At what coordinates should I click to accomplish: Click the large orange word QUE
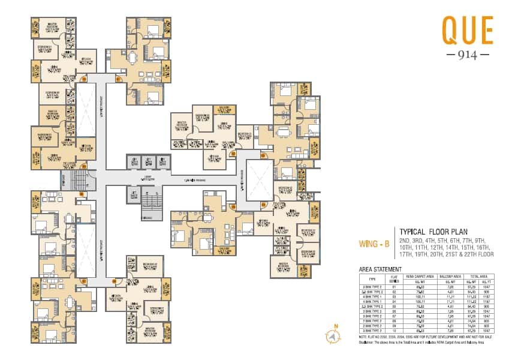pyautogui.click(x=467, y=29)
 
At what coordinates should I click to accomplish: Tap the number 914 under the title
pyautogui.click(x=467, y=54)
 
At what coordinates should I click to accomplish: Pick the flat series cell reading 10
pyautogui.click(x=394, y=331)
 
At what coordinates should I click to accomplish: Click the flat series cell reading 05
pyautogui.click(x=394, y=307)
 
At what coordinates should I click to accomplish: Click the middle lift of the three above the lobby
pyautogui.click(x=148, y=162)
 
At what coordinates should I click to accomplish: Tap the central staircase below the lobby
pyautogui.click(x=152, y=207)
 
